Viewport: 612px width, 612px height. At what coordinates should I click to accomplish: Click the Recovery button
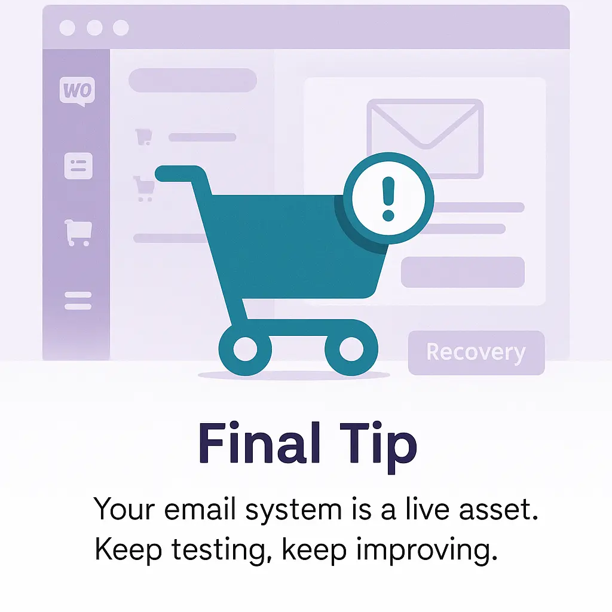tap(476, 353)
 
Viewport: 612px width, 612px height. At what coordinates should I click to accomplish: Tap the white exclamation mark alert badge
tap(388, 198)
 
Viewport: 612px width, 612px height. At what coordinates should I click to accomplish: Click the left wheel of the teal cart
tap(245, 349)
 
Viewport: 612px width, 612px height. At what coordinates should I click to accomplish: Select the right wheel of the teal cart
tap(351, 349)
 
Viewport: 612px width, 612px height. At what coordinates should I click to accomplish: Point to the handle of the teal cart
tap(178, 174)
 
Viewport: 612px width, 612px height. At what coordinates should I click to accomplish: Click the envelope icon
tap(425, 139)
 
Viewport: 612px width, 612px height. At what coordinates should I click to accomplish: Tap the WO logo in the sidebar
tap(77, 91)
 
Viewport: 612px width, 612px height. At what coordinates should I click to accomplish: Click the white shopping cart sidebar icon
tap(78, 232)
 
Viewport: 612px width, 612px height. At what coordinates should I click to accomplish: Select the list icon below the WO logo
tap(78, 166)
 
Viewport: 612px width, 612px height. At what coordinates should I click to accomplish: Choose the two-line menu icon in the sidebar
tap(78, 301)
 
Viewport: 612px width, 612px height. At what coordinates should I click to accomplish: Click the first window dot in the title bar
tap(67, 27)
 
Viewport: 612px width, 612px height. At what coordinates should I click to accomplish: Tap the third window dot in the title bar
tap(121, 27)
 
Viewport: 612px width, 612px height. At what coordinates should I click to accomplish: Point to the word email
tap(200, 509)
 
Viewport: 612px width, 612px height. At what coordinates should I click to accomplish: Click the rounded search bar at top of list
tap(193, 81)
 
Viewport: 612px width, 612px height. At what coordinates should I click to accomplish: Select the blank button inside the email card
tap(463, 272)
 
